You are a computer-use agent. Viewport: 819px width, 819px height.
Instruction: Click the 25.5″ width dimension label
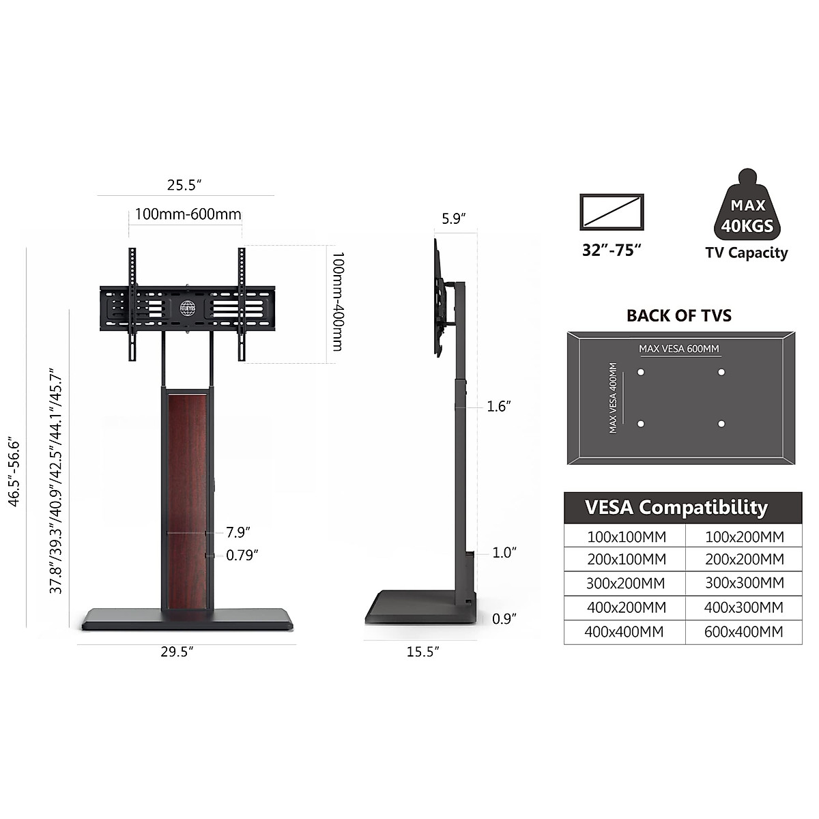[184, 186]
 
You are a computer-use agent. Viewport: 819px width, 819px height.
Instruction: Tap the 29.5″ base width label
[177, 652]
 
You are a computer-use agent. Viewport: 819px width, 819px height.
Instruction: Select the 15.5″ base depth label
[422, 652]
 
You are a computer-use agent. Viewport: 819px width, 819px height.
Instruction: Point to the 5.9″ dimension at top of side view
[453, 219]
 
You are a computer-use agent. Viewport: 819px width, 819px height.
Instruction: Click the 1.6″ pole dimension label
[498, 406]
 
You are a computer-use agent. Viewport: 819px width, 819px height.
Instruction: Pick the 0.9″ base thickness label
[504, 619]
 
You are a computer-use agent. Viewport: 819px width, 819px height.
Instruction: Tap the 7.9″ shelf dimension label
[238, 532]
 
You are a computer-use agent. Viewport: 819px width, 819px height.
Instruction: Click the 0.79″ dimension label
[242, 555]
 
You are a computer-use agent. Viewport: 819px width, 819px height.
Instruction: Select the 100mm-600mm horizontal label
[188, 214]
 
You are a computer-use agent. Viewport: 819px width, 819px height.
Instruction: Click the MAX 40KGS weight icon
[747, 205]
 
